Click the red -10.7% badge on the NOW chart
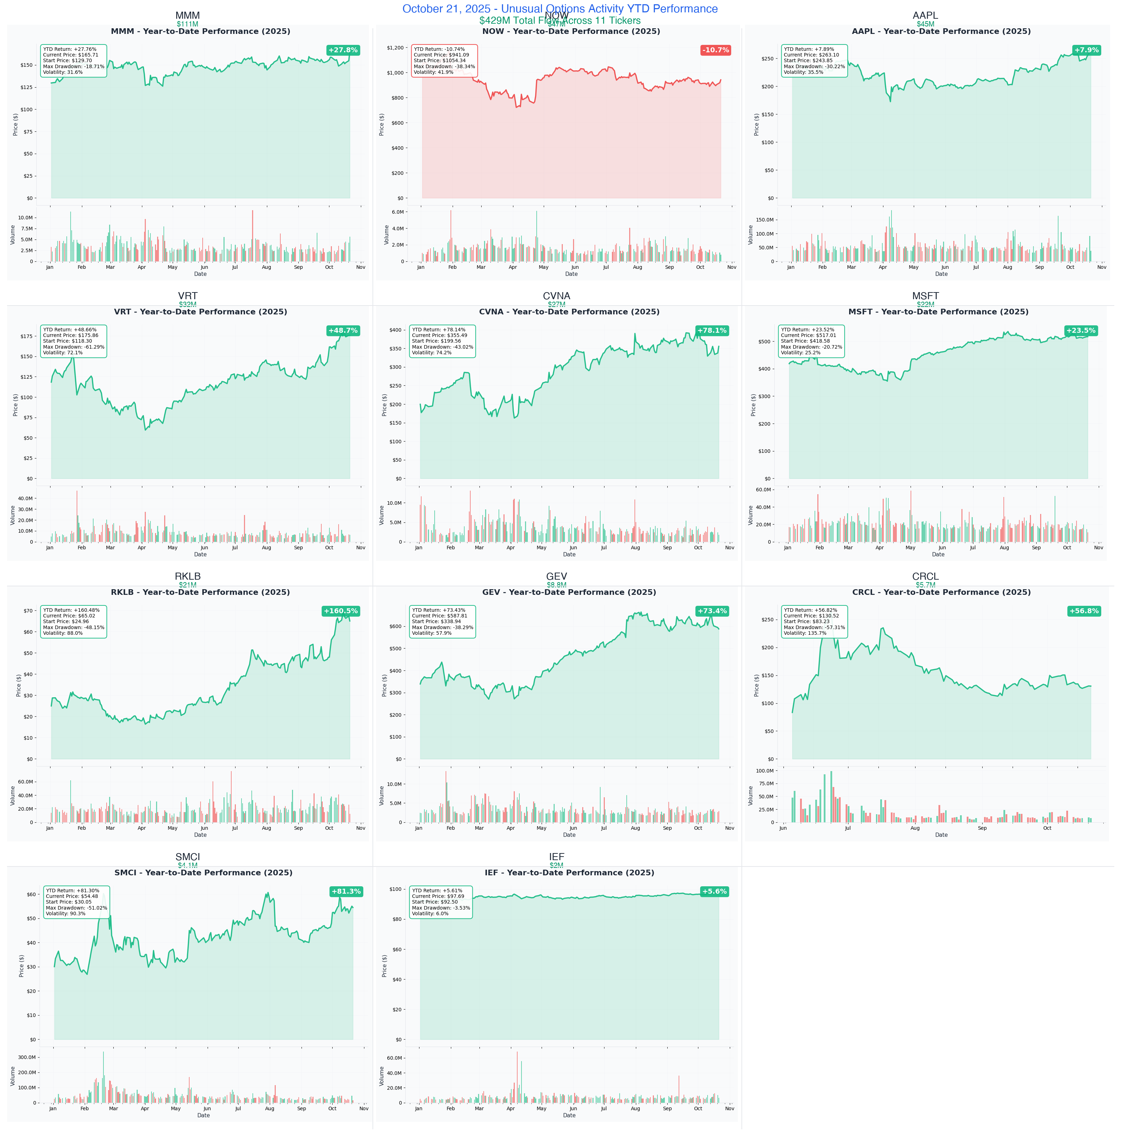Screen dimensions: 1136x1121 click(x=715, y=50)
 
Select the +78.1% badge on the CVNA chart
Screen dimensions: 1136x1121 click(x=712, y=331)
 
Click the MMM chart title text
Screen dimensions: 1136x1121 click(x=201, y=31)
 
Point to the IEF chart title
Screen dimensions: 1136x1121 click(x=569, y=872)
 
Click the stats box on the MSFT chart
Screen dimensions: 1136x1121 click(x=811, y=341)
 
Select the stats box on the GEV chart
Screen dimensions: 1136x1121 click(x=442, y=621)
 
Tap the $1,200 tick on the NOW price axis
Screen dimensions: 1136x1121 click(x=395, y=48)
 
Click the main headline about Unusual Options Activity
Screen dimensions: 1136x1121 click(x=560, y=9)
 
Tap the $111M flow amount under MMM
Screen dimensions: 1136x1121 click(x=187, y=24)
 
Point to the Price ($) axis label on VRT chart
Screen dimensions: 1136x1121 click(x=15, y=405)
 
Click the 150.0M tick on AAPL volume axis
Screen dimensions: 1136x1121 click(x=765, y=220)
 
